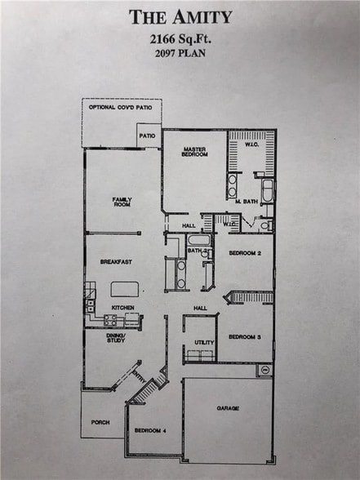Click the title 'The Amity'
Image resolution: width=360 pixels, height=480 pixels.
180,16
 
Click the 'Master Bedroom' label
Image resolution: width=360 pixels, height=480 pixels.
193,152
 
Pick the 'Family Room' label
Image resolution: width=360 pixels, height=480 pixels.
122,201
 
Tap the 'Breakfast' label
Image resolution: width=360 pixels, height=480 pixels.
116,262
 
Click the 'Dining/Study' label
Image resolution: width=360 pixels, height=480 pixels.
116,338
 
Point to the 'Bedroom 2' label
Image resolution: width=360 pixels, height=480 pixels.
244,254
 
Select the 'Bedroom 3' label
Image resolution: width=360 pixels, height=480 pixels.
244,336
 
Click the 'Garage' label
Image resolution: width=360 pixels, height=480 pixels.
228,407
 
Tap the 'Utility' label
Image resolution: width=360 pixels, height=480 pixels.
203,342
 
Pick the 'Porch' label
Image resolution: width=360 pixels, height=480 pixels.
100,422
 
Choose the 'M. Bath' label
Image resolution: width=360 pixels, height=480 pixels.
247,201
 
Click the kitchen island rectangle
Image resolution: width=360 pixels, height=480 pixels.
125,288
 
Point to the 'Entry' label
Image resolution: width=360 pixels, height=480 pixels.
139,377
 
